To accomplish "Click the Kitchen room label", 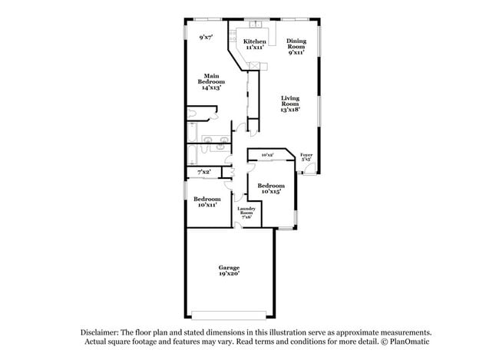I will click(255, 41).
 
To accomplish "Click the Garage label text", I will click(228, 268).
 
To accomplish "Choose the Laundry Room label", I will click(246, 210).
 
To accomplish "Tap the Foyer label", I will click(306, 155).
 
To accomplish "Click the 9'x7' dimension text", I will click(206, 37).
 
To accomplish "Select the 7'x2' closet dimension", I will click(205, 172).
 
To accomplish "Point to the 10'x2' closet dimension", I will click(267, 156).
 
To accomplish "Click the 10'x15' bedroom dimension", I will click(271, 192).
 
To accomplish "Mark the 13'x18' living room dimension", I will click(289, 109).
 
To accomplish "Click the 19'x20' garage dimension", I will click(228, 274).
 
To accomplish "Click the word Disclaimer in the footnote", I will click(102, 332).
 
